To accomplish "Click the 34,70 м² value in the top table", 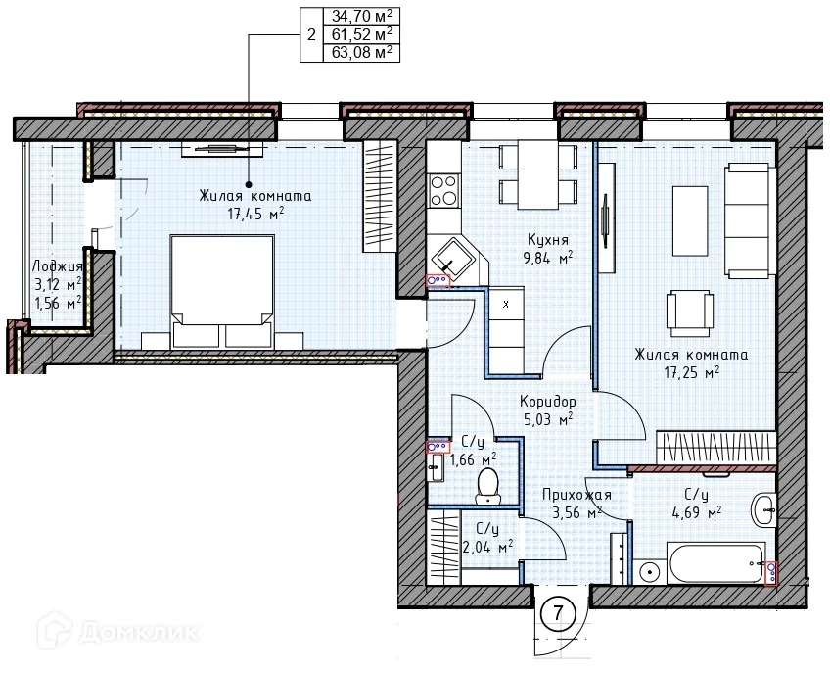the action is click(x=362, y=16).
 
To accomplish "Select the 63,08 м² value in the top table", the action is click(x=362, y=53).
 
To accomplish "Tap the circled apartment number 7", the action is click(x=558, y=613).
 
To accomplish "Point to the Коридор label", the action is click(x=548, y=401).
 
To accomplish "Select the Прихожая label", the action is click(x=576, y=495).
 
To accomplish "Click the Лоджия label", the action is click(x=57, y=266).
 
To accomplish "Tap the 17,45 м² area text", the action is click(x=256, y=215).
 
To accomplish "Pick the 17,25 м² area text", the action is click(x=692, y=372).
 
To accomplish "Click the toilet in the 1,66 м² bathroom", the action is click(x=487, y=485).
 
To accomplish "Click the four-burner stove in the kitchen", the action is click(x=444, y=190).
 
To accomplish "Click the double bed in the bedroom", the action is click(x=222, y=291).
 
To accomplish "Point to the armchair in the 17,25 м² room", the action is click(x=689, y=313).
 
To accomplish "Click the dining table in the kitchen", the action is click(x=538, y=174).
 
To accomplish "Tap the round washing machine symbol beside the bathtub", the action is click(x=648, y=572).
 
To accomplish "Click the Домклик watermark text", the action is click(x=140, y=632).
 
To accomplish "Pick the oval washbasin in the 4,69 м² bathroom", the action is click(x=763, y=510).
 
